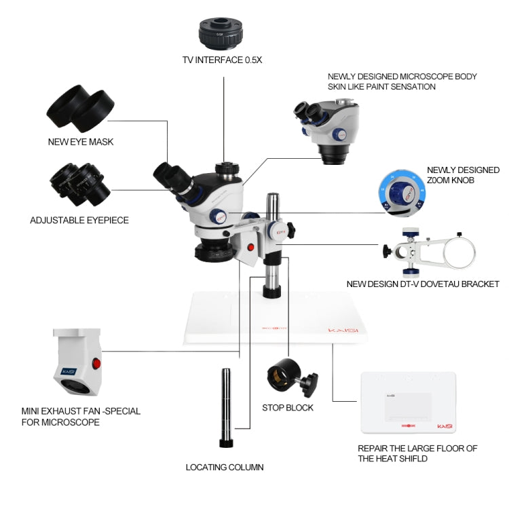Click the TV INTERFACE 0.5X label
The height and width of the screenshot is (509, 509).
pyautogui.click(x=222, y=60)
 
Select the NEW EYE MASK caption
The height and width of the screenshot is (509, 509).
pyautogui.click(x=81, y=142)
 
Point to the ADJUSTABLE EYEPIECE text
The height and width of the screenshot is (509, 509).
pyautogui.click(x=79, y=220)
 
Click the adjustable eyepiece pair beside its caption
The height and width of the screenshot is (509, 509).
pyautogui.click(x=79, y=183)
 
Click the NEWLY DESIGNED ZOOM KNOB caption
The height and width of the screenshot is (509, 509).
pyautogui.click(x=463, y=175)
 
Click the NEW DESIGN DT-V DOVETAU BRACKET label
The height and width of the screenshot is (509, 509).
pyautogui.click(x=422, y=284)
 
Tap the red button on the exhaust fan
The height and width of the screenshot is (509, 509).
pyautogui.click(x=96, y=364)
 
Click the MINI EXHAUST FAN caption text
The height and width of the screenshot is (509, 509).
pyautogui.click(x=80, y=416)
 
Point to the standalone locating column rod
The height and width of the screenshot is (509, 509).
pyautogui.click(x=225, y=407)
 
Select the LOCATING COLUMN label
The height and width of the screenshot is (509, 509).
pyautogui.click(x=225, y=467)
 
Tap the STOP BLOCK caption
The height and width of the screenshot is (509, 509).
pyautogui.click(x=288, y=408)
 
